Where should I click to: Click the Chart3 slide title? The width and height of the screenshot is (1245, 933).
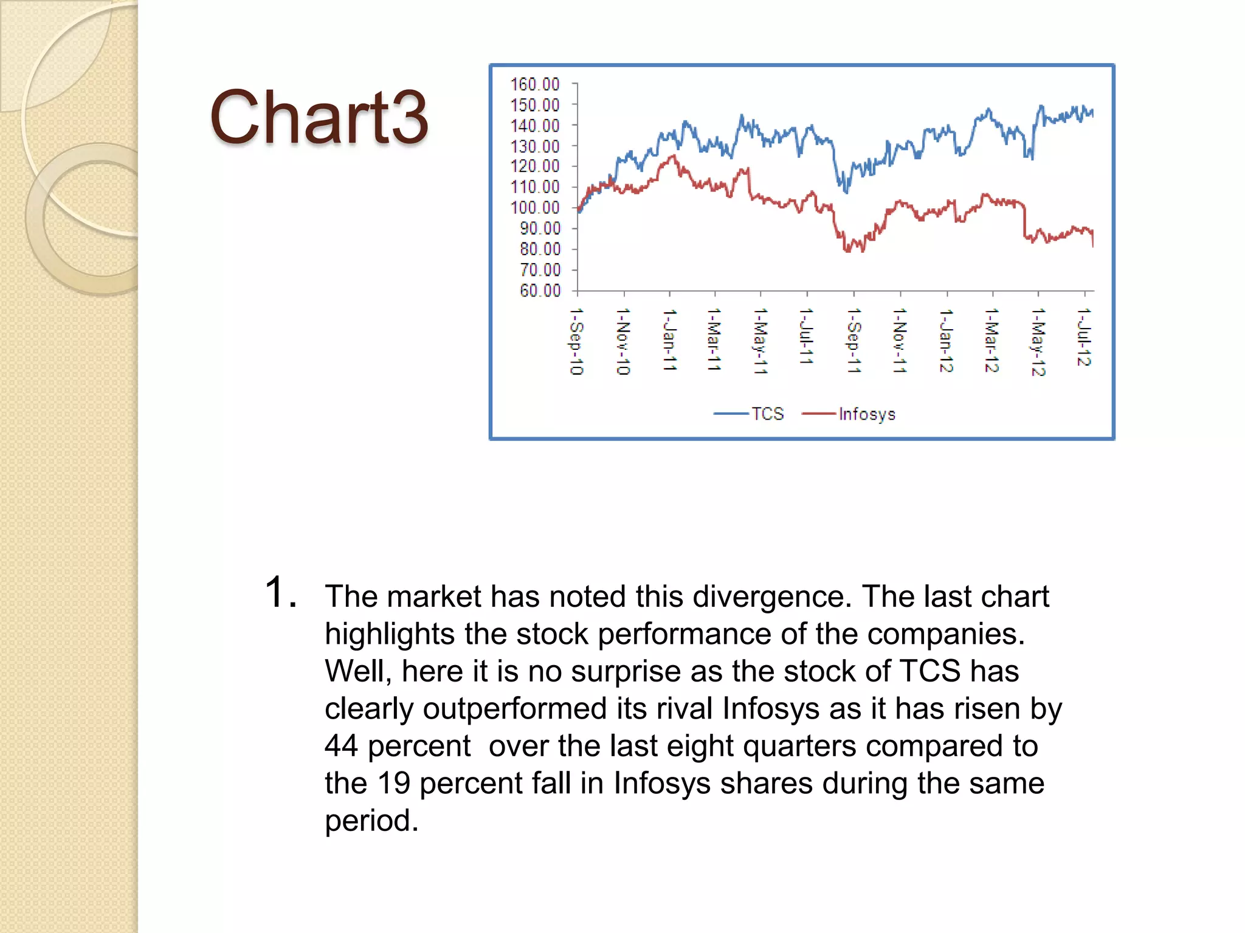pos(319,117)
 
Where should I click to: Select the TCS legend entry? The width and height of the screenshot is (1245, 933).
pos(767,414)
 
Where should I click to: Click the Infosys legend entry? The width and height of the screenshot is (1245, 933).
pos(866,414)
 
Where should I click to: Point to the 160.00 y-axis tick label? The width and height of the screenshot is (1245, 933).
pos(535,84)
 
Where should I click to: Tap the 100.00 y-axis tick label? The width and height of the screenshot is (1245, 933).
pos(535,208)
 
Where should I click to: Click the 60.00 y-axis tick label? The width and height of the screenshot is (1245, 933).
pos(540,290)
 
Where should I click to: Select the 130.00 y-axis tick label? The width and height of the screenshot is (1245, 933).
pos(535,146)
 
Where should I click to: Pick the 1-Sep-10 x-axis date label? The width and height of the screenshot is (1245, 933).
pos(576,341)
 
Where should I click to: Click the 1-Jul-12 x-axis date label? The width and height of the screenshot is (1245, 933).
pos(1083,337)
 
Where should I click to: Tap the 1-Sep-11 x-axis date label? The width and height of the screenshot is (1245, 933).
pos(854,340)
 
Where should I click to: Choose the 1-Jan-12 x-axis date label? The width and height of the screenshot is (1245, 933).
pos(946,340)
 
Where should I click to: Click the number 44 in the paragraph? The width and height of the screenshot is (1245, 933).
pos(341,746)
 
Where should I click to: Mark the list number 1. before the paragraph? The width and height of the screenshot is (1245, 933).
pos(281,593)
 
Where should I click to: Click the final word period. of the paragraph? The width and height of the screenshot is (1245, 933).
pos(371,821)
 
